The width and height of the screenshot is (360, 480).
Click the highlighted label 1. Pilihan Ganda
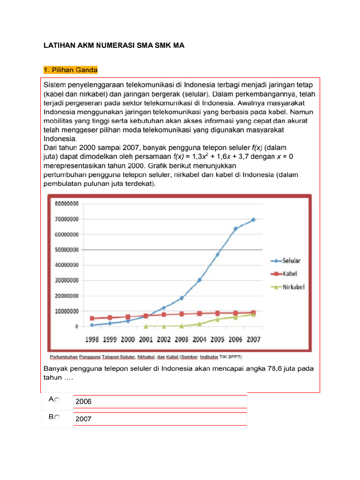pos(70,70)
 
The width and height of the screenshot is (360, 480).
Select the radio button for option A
pos(57,400)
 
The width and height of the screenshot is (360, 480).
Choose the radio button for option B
pos(57,418)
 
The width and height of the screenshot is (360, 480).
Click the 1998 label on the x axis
pos(92,339)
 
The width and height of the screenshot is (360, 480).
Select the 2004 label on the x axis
pos(200,339)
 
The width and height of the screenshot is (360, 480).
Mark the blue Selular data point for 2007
pos(254,219)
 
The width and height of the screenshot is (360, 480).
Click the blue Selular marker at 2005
pos(217,255)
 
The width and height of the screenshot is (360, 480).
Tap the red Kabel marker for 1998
pos(92,318)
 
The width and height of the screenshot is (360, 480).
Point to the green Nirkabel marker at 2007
pos(254,315)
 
